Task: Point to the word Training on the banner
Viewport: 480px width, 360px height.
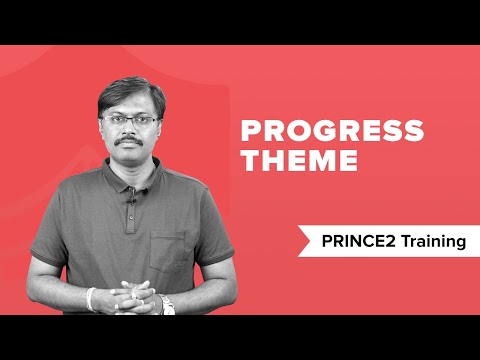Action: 433,241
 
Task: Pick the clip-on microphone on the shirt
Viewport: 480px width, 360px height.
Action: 130,204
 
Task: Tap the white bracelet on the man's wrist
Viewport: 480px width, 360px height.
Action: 92,297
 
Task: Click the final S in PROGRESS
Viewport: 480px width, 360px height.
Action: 413,132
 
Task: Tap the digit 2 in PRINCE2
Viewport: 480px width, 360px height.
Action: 393,241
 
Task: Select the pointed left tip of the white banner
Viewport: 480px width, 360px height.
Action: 296,241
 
